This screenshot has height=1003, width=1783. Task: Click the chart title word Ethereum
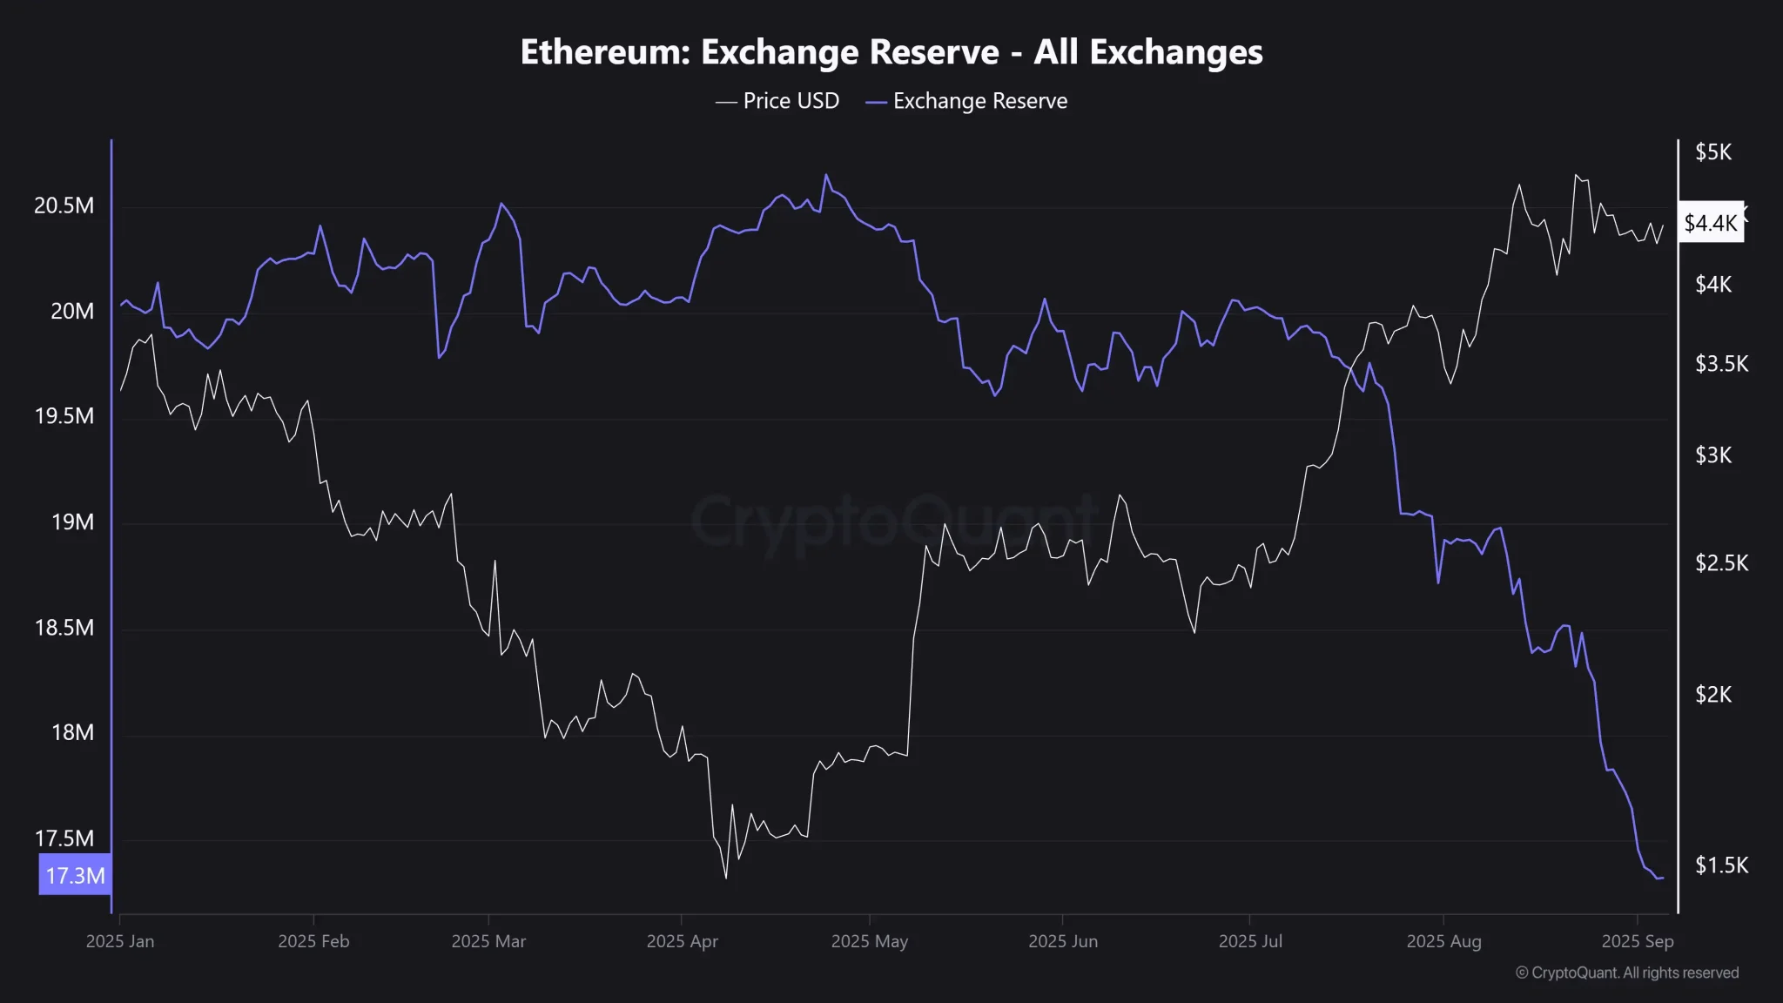603,52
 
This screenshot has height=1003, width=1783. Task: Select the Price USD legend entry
777,101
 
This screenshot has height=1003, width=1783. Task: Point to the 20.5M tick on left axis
64,205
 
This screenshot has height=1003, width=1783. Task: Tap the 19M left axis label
72,522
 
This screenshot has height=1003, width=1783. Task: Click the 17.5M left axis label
64,838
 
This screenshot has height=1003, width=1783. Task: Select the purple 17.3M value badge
75,875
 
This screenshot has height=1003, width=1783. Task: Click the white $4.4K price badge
1710,223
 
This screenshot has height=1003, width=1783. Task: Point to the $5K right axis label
1712,152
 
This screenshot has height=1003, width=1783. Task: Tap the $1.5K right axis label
1720,865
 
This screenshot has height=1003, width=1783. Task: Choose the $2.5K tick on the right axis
1720,563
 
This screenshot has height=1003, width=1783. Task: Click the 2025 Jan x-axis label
120,941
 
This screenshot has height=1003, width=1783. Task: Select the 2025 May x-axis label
869,941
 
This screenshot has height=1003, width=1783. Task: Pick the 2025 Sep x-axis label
1637,941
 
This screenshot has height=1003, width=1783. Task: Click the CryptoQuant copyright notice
1626,973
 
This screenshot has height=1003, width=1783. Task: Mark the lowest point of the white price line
726,878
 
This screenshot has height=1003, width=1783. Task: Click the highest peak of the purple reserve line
826,174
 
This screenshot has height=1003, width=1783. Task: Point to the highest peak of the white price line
1575,175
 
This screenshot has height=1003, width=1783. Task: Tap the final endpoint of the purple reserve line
1662,878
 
